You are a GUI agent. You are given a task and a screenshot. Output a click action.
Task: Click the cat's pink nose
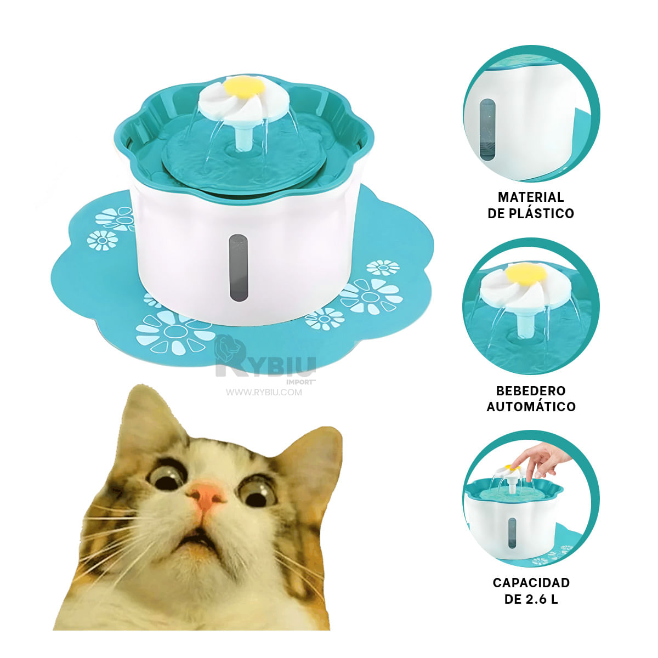click(x=206, y=496)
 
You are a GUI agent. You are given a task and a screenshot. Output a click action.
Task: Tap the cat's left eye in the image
click(x=166, y=476)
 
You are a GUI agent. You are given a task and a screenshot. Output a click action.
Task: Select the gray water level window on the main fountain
click(x=237, y=268)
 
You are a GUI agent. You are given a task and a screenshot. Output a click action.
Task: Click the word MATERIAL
click(x=530, y=197)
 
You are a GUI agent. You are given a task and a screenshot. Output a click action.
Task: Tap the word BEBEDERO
click(x=530, y=391)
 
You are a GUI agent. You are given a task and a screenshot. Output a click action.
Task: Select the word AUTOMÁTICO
click(x=531, y=407)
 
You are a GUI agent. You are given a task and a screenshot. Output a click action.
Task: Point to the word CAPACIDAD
click(x=531, y=583)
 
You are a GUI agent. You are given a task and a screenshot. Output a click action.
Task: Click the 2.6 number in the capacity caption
click(x=536, y=599)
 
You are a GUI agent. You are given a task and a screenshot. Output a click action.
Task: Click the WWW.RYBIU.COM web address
click(x=264, y=392)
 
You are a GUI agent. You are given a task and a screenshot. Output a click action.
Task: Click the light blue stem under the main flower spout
click(x=242, y=137)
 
